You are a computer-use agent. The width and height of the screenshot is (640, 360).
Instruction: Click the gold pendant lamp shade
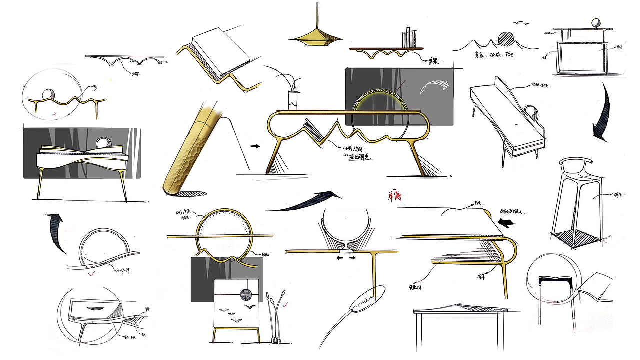pyautogui.click(x=317, y=36)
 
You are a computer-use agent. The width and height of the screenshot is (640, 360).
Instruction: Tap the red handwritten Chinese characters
pyautogui.click(x=394, y=196)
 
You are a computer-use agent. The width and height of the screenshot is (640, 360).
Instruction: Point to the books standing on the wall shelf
pyautogui.click(x=409, y=38)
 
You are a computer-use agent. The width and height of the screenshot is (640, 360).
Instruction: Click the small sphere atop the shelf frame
pyautogui.click(x=595, y=23)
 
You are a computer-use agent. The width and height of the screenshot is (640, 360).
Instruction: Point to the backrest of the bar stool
pyautogui.click(x=574, y=162)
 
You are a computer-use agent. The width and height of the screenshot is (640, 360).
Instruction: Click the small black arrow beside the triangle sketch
pyautogui.click(x=255, y=146)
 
